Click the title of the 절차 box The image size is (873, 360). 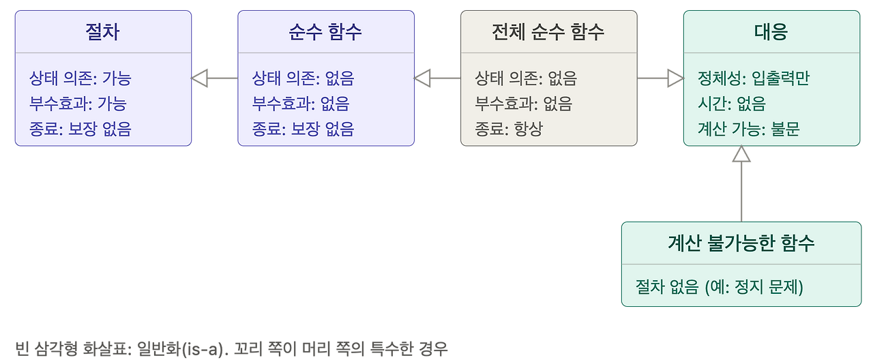102,31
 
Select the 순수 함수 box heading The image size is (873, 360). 325,31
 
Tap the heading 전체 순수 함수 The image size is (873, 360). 548,31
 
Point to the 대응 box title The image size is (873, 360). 771,31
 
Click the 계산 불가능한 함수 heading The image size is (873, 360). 741,243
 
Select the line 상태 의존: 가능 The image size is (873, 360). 80,78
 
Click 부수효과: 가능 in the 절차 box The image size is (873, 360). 78,104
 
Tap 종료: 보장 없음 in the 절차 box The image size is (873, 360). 80,129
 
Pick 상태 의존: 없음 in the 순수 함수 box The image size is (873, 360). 304,78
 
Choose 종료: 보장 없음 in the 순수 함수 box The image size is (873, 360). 304,129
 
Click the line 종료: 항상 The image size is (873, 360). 509,129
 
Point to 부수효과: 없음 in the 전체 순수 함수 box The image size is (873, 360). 524,104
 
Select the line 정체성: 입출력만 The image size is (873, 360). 754,78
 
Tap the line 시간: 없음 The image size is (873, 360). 732,104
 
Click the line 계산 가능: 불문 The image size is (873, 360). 749,129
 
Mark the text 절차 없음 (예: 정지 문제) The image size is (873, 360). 720,287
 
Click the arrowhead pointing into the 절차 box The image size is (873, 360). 200,78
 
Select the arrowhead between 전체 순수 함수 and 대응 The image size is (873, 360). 676,78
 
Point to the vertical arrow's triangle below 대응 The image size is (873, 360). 741,154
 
